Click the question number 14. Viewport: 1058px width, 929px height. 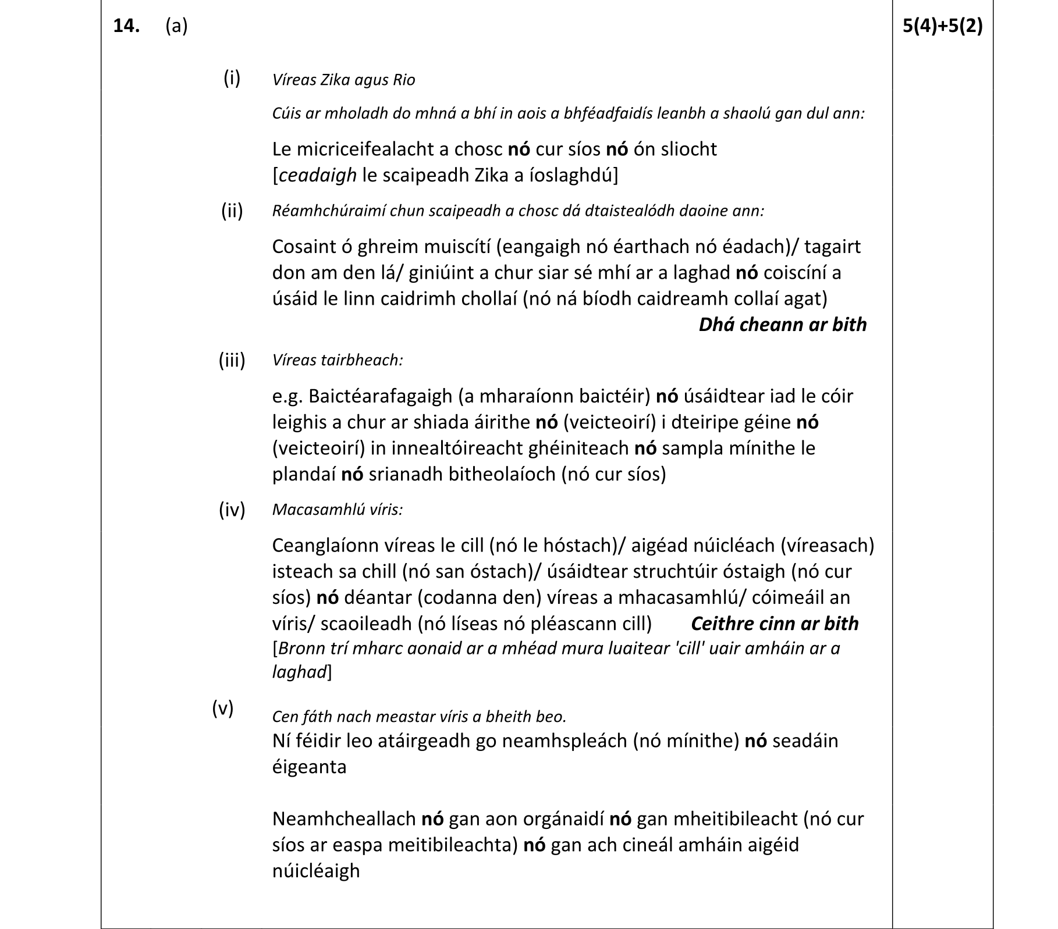pos(126,27)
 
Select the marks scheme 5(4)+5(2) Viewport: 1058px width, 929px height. pos(942,27)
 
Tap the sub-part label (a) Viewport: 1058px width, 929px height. pos(176,27)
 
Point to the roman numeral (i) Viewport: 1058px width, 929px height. pos(232,77)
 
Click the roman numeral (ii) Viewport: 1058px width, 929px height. pos(232,210)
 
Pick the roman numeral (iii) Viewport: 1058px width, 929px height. pos(232,360)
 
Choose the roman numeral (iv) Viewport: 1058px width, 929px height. pos(232,510)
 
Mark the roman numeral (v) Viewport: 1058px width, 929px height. pos(222,708)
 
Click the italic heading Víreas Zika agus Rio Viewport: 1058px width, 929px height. pos(343,80)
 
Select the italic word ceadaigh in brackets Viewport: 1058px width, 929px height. pos(318,175)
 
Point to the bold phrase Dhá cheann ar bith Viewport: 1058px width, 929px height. pos(782,325)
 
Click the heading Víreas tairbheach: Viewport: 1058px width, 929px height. pos(338,360)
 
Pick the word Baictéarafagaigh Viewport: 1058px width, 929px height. pos(380,396)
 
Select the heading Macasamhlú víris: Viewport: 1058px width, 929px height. pos(338,510)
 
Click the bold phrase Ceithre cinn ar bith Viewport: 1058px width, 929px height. pos(774,624)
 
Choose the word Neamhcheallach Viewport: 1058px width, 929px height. pos(343,819)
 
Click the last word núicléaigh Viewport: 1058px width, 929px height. pos(316,871)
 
